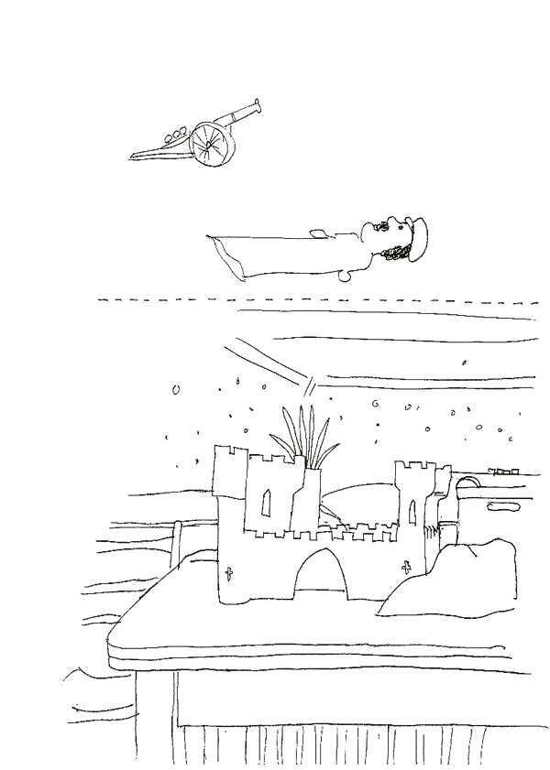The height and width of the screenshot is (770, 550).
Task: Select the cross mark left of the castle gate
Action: click(229, 577)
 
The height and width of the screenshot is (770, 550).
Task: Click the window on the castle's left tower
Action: click(266, 502)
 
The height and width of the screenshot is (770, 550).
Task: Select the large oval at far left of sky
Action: click(174, 391)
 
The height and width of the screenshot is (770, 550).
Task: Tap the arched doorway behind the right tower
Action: click(468, 485)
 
